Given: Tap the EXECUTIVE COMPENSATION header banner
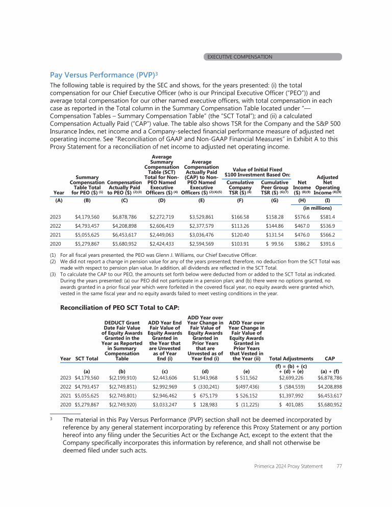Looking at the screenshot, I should click(x=239, y=57).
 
